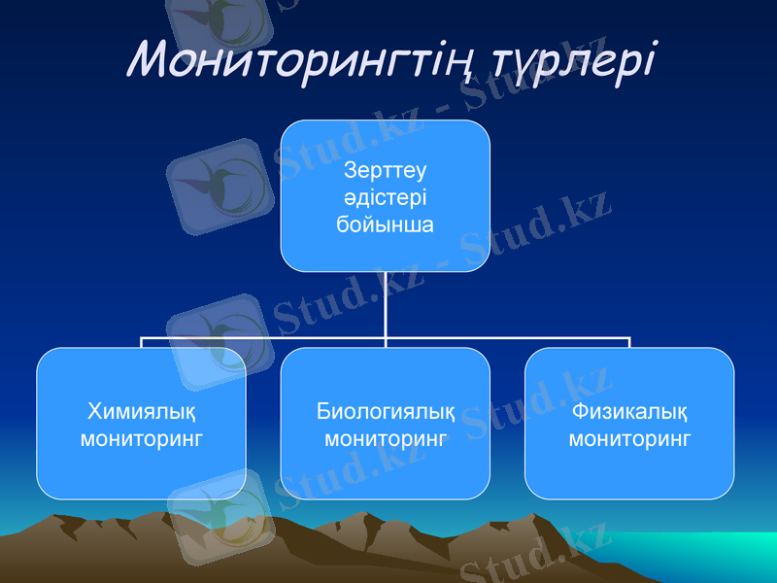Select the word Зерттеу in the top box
coord(386,171)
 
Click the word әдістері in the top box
coord(386,197)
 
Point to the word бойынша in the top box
coord(386,224)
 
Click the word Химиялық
coord(142,410)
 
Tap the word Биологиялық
coord(386,410)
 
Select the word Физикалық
coord(629,410)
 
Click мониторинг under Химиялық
coord(142,438)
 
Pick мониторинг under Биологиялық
coord(386,438)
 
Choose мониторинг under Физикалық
coord(629,438)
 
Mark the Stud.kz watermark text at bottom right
coord(534,554)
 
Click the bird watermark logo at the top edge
coord(219,24)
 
